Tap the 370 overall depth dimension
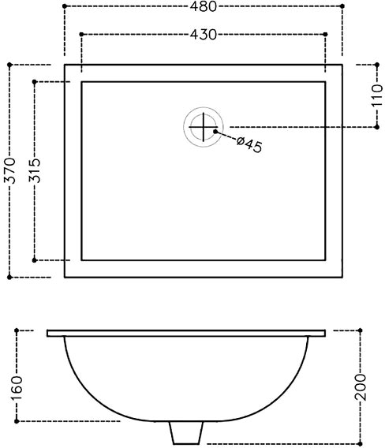click(9, 170)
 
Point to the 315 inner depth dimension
click(36, 170)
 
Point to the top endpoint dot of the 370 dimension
click(9, 65)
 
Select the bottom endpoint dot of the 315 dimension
click(36, 259)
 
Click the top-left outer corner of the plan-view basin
click(65, 65)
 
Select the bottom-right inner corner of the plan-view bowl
click(325, 259)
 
